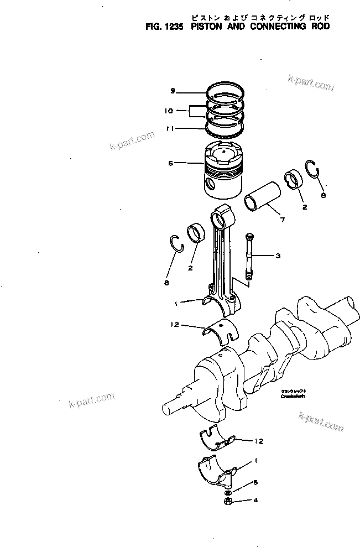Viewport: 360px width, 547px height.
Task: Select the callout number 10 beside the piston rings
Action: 169,111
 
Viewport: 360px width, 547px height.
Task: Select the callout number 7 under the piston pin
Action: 282,220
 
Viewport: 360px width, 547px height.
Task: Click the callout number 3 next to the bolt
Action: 278,256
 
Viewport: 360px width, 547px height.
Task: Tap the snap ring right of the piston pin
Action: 312,169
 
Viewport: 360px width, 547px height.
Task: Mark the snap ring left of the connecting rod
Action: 176,242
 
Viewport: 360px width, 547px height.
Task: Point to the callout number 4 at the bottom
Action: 255,502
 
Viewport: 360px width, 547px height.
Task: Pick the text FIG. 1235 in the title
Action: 160,25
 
